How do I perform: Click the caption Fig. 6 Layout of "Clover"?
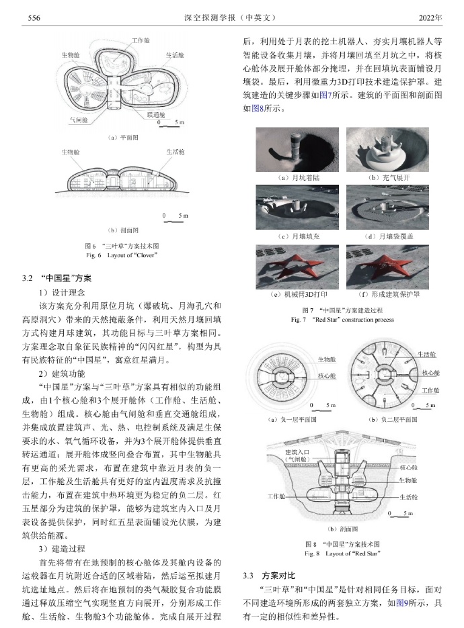click(122, 256)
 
